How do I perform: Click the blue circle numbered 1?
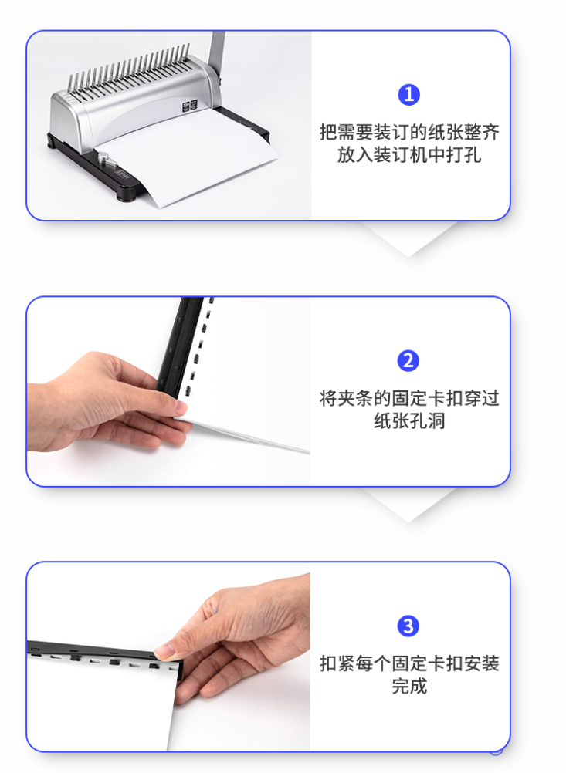408,95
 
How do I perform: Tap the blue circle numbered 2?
408,361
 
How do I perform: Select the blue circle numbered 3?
408,626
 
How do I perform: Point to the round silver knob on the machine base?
103,157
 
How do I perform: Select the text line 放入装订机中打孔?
409,155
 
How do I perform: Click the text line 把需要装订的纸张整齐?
409,132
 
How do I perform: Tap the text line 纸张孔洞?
409,420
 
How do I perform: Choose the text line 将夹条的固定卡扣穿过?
409,398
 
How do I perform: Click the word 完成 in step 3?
409,686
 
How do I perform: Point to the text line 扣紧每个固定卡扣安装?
409,663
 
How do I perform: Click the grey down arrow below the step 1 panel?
408,239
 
